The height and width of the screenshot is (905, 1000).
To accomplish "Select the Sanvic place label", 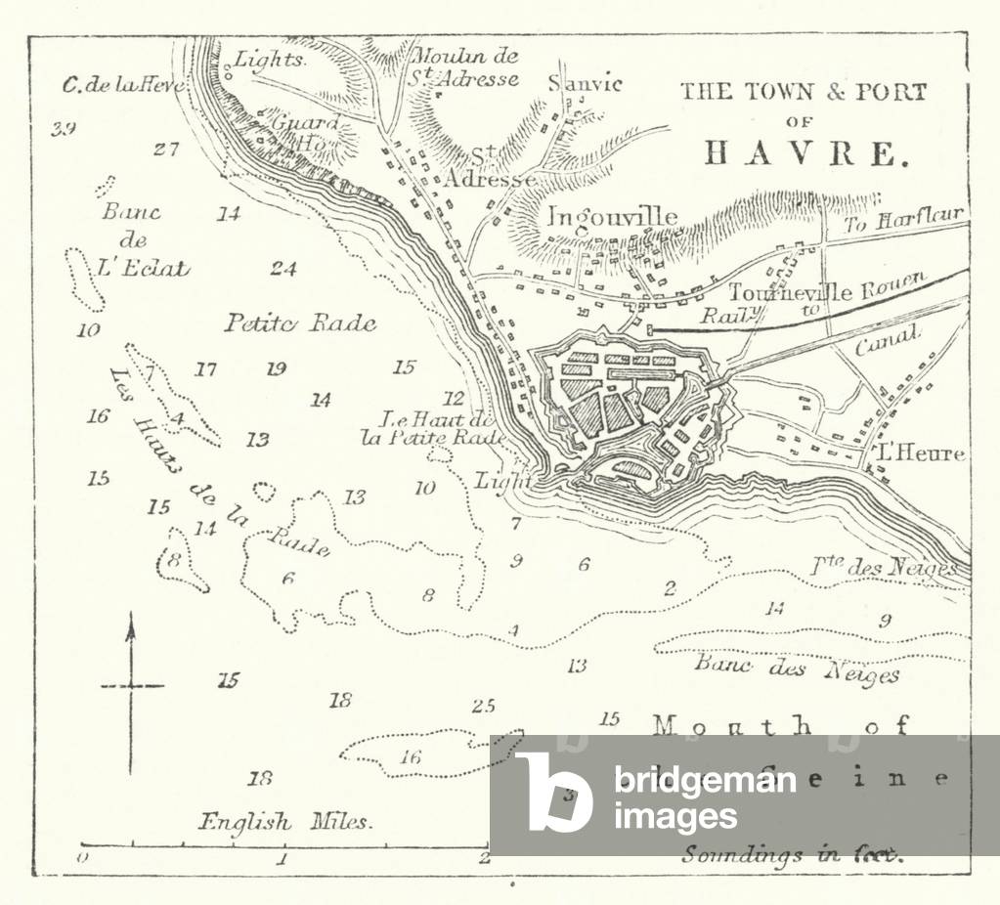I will tap(585, 83).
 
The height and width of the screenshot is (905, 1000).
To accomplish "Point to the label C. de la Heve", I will tap(122, 85).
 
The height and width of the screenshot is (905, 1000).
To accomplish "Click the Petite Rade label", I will tap(300, 323).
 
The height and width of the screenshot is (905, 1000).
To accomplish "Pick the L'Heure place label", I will tap(921, 453).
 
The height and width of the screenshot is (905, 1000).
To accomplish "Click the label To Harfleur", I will tap(904, 219).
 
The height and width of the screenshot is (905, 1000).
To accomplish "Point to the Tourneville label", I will tap(776, 292).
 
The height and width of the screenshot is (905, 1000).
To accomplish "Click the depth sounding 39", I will tap(65, 128).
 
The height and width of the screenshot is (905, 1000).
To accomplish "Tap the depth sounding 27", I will tap(166, 150).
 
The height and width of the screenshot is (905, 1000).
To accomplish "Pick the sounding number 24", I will tap(283, 269).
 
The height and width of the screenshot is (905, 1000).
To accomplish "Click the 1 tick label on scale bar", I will tap(282, 860).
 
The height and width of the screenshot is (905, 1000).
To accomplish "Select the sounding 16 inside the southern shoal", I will tap(411, 756).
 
